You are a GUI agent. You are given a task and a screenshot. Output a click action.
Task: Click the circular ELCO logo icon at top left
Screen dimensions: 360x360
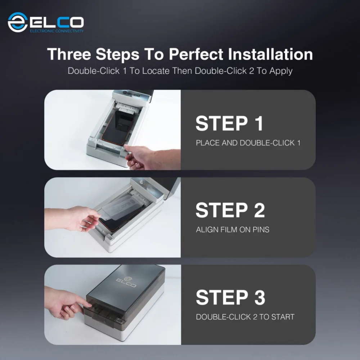18,22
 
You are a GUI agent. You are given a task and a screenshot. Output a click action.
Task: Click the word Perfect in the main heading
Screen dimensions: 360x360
196,54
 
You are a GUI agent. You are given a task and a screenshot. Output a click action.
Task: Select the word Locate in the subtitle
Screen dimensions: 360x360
156,71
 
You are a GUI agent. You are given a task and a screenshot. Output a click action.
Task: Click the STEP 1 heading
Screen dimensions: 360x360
229,123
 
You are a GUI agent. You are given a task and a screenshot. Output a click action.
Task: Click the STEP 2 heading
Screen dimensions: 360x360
230,210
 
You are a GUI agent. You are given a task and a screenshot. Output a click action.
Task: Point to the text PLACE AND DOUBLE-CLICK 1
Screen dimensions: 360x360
248,143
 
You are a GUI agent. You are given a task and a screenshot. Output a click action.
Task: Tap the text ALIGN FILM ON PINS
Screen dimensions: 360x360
233,230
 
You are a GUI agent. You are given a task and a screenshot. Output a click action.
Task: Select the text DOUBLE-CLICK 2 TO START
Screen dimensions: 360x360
245,317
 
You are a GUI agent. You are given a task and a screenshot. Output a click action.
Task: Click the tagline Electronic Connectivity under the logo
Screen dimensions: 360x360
57,31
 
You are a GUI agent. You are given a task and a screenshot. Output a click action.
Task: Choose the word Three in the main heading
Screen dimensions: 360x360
69,54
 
